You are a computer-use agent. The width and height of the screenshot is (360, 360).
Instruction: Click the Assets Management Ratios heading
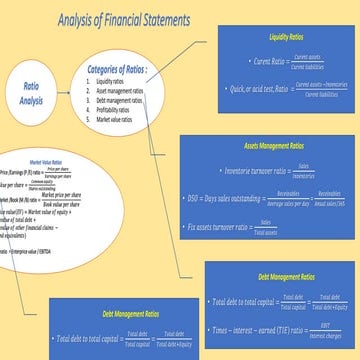[x=271, y=146]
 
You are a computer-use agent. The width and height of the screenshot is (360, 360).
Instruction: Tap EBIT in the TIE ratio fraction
[x=322, y=324]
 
